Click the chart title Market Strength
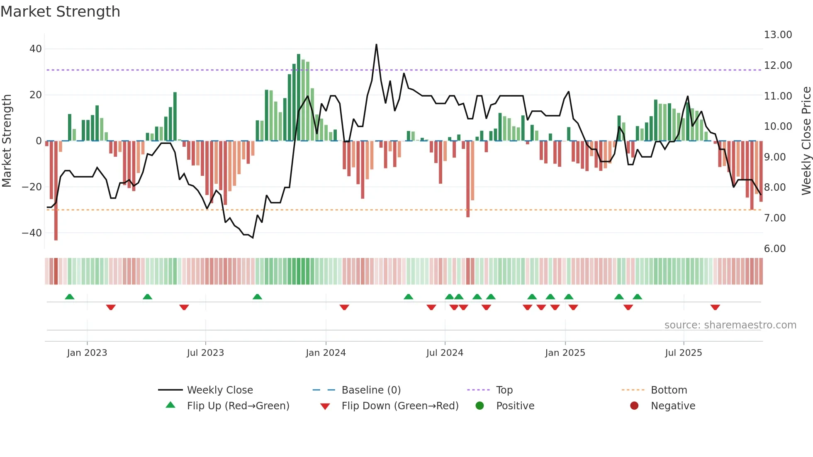60,12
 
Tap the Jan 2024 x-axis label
326,353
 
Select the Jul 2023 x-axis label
205,353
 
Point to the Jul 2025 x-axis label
683,353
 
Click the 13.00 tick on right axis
778,35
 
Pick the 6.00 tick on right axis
775,249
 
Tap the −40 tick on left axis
32,233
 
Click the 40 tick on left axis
36,49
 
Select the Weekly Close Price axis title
806,141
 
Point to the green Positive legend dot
480,406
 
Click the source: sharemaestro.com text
730,325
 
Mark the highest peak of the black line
376,44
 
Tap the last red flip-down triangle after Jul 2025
715,307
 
